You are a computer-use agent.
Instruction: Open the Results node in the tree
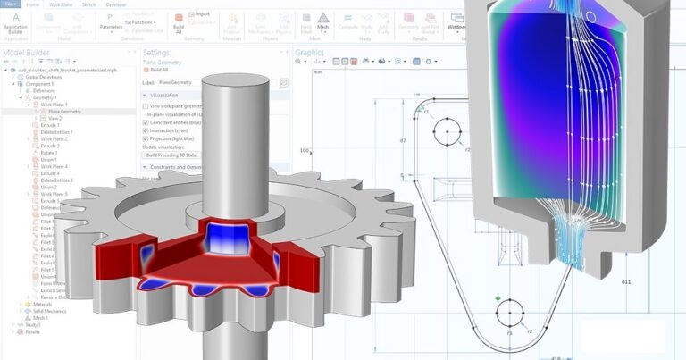tap(32, 331)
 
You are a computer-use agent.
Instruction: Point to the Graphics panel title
tap(311, 53)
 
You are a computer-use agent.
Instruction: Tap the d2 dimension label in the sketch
tap(403, 141)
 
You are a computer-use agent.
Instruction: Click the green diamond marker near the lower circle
tap(497, 297)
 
